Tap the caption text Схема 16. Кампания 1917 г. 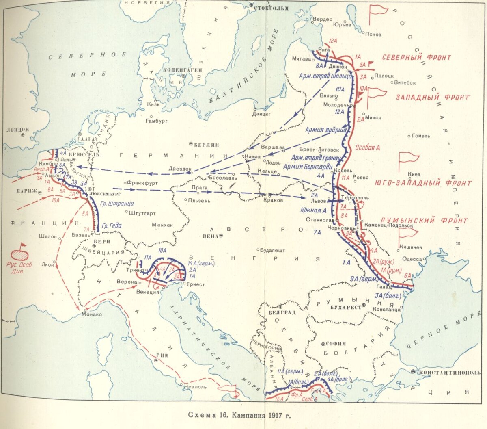[239, 415]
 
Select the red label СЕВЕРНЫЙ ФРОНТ [416, 58]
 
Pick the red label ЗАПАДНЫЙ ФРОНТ [432, 97]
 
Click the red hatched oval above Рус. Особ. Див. [20, 255]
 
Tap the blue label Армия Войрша [326, 130]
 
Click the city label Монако [93, 314]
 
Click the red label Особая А [367, 148]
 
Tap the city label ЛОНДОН [18, 130]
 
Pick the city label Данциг [261, 115]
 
